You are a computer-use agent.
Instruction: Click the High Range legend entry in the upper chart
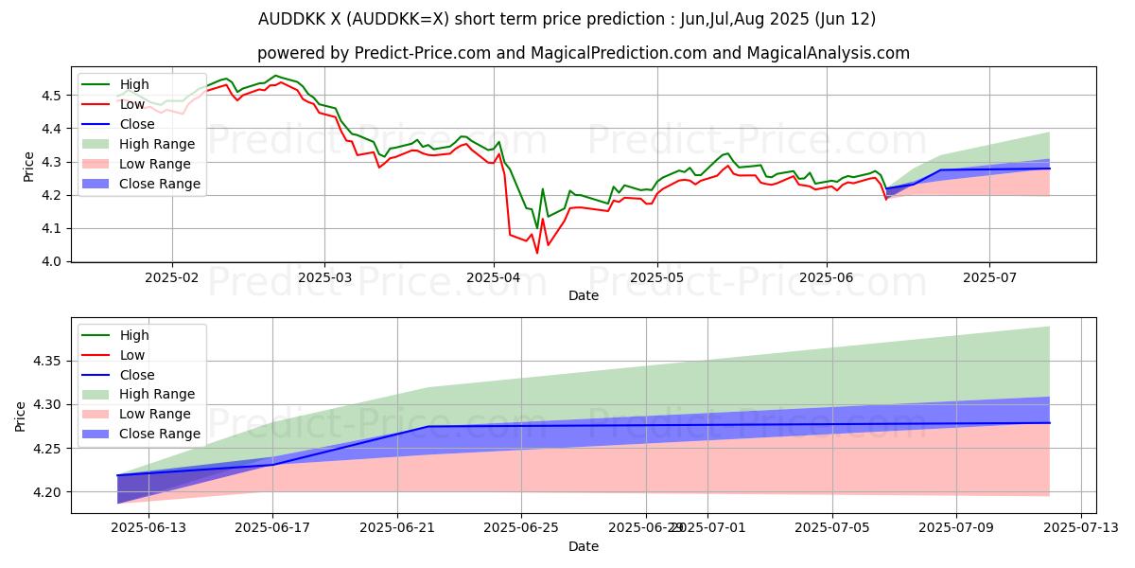point(157,144)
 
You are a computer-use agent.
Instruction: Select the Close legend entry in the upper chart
point(137,124)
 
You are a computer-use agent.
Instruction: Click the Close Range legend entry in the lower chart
point(160,434)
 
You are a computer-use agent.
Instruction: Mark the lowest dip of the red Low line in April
point(537,252)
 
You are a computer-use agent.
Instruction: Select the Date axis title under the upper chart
point(584,295)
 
